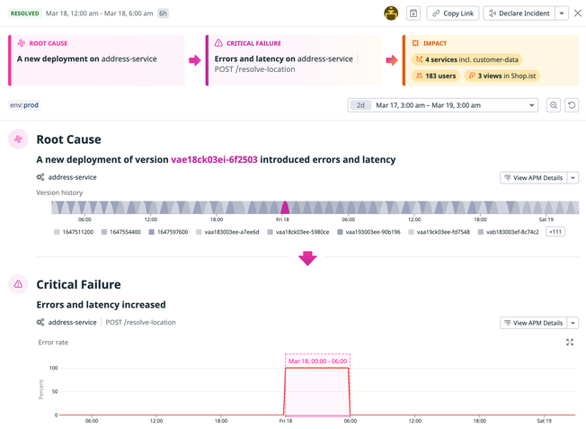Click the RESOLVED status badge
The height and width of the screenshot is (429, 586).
(x=24, y=13)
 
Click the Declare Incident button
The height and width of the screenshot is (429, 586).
(x=519, y=13)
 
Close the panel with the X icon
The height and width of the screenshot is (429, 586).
(x=578, y=13)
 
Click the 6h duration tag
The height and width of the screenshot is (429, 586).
(x=163, y=13)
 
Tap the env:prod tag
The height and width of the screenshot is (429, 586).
(x=24, y=105)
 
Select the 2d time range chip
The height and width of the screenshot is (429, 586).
(x=360, y=105)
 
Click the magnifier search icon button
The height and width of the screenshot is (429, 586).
(x=554, y=105)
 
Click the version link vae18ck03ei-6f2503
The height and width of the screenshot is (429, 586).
(x=214, y=159)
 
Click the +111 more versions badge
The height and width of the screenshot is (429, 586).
(x=555, y=232)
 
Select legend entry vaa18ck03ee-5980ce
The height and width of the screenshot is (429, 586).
(x=301, y=232)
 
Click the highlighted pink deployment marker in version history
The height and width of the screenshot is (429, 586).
(x=285, y=208)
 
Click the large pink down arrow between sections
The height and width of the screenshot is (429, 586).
(x=307, y=258)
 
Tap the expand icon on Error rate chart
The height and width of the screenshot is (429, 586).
(x=570, y=343)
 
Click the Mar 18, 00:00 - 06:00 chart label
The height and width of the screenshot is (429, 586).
(x=317, y=360)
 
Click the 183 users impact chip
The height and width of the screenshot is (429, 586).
(x=435, y=76)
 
